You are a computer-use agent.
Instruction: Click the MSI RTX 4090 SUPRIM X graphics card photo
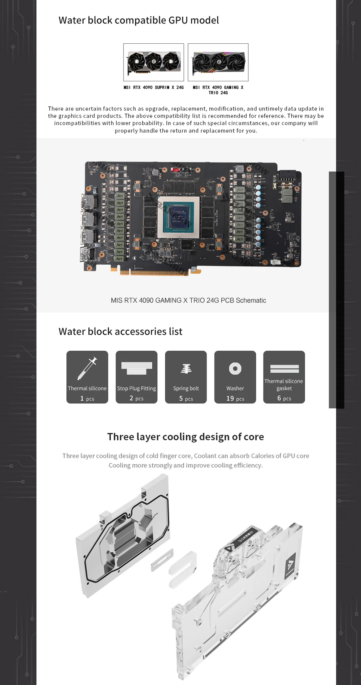[x=153, y=62]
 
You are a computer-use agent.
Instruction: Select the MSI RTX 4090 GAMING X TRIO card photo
[x=218, y=62]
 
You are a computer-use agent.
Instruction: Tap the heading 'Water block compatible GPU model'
[x=139, y=20]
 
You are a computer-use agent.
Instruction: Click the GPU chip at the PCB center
[x=179, y=216]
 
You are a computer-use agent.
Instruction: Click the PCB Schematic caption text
[x=188, y=300]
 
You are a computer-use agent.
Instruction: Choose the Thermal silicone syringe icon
[x=87, y=368]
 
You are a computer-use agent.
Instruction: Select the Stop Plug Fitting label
[x=136, y=389]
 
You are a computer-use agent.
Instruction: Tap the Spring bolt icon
[x=186, y=369]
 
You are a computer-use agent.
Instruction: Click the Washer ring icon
[x=235, y=369]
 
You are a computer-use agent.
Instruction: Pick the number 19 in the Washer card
[x=230, y=398]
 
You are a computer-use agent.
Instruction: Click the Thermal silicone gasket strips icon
[x=284, y=369]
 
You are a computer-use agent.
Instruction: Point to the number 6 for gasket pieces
[x=279, y=398]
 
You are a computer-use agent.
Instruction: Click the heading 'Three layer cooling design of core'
[x=186, y=437]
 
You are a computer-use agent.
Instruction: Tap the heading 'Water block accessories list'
[x=121, y=331]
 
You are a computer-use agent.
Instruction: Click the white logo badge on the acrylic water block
[x=290, y=563]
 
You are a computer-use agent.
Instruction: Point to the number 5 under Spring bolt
[x=181, y=398]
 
